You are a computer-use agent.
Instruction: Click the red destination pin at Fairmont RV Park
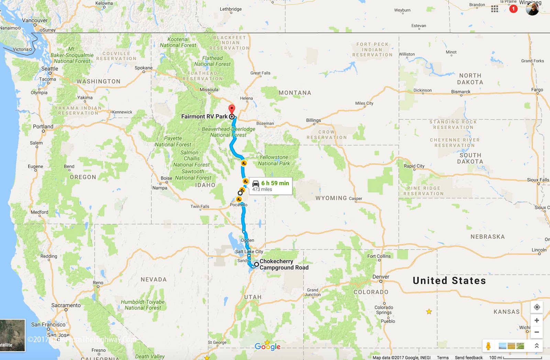coord(232,109)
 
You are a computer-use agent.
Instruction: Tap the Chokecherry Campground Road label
coord(284,264)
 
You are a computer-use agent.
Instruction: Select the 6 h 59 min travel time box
coord(271,186)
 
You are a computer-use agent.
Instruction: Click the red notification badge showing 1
coord(513,9)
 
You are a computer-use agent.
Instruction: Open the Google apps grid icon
coord(495,9)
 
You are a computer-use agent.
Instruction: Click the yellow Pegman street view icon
coord(488,346)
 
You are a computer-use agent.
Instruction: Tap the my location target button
coord(537,307)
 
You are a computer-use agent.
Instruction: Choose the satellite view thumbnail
coord(12,335)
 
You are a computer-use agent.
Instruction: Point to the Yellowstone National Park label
coord(274,160)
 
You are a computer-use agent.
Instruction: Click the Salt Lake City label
coord(249,251)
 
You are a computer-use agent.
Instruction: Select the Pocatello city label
coord(239,205)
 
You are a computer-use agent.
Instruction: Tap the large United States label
coord(449,281)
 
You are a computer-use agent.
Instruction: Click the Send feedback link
coord(469,358)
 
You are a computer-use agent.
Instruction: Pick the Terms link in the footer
coord(443,358)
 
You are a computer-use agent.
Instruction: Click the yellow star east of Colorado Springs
coord(429,312)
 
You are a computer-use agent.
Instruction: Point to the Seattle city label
coord(49,68)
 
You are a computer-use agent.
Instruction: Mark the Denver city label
coord(381,277)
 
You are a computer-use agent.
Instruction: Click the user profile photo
coord(532,9)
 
